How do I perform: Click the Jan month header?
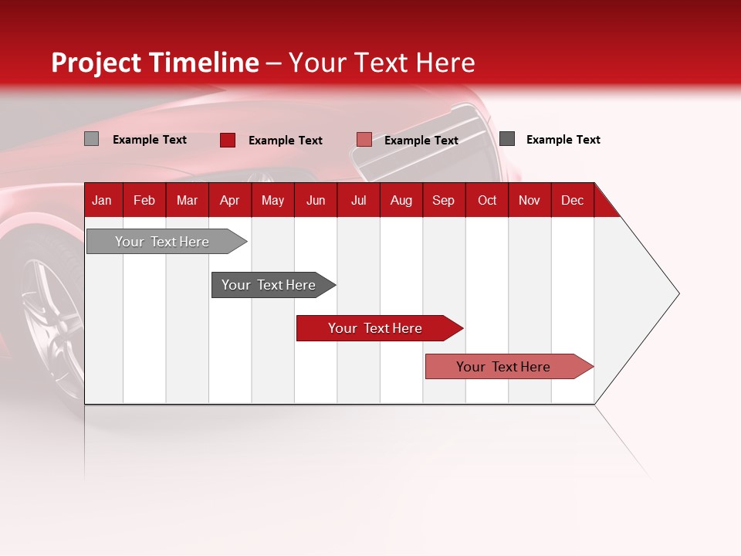coord(102,200)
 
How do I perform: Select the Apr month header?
coord(229,200)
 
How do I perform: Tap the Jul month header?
coord(358,200)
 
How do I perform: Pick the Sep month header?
coord(443,200)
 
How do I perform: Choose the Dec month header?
coord(572,200)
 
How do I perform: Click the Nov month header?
coord(529,200)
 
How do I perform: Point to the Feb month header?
coord(144,200)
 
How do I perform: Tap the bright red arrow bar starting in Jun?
coord(376,328)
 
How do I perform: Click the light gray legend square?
coord(91,139)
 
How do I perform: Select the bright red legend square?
coord(227,140)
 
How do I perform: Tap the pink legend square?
coord(364,140)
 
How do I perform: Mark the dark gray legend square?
coord(507,139)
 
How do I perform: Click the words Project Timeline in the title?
coord(154,63)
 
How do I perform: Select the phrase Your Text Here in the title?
coord(381,63)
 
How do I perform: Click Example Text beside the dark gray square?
coord(563,140)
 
